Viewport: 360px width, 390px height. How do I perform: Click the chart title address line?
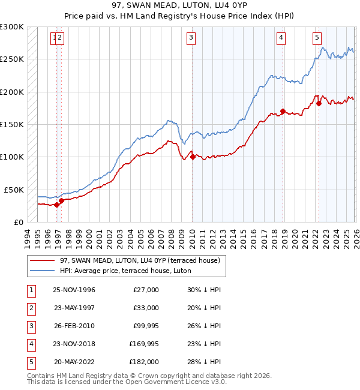180,5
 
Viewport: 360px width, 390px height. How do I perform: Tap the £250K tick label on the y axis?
12,59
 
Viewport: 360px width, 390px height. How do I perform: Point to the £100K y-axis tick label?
12,157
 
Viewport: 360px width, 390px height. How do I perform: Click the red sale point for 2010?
193,157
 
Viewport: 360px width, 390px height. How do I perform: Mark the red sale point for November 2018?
283,111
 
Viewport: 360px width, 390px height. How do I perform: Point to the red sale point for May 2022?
319,103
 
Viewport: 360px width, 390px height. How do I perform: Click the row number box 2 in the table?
30,308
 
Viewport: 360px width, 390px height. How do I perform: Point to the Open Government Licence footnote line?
118,381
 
